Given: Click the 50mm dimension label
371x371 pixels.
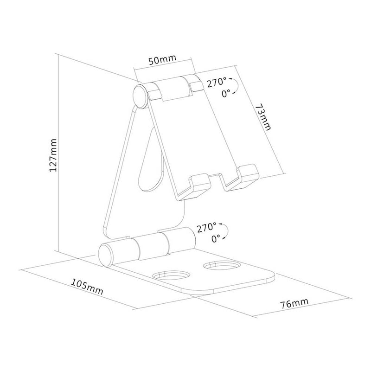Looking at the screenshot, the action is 162,60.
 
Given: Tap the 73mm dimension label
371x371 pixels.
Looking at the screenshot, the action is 263,116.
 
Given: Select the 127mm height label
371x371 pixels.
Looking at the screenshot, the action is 53,155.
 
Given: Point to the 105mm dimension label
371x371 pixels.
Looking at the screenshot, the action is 87,287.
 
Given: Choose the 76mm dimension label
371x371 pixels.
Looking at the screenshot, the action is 294,303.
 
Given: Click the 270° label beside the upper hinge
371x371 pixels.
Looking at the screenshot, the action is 217,83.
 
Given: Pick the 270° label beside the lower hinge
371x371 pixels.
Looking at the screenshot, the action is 206,228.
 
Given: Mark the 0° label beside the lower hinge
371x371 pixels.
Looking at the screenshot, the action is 216,238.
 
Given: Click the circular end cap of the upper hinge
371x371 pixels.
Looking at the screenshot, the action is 140,96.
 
